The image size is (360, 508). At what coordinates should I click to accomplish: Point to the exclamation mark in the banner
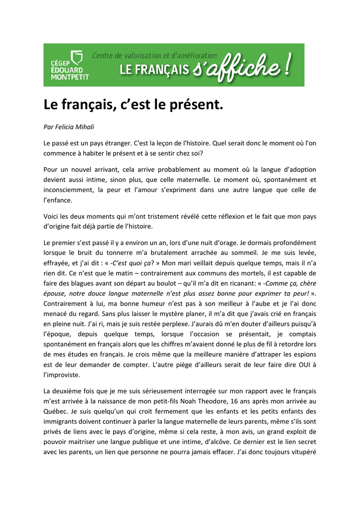pyautogui.click(x=288, y=65)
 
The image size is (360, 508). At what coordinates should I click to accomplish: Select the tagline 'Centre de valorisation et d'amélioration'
pyautogui.click(x=154, y=56)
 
